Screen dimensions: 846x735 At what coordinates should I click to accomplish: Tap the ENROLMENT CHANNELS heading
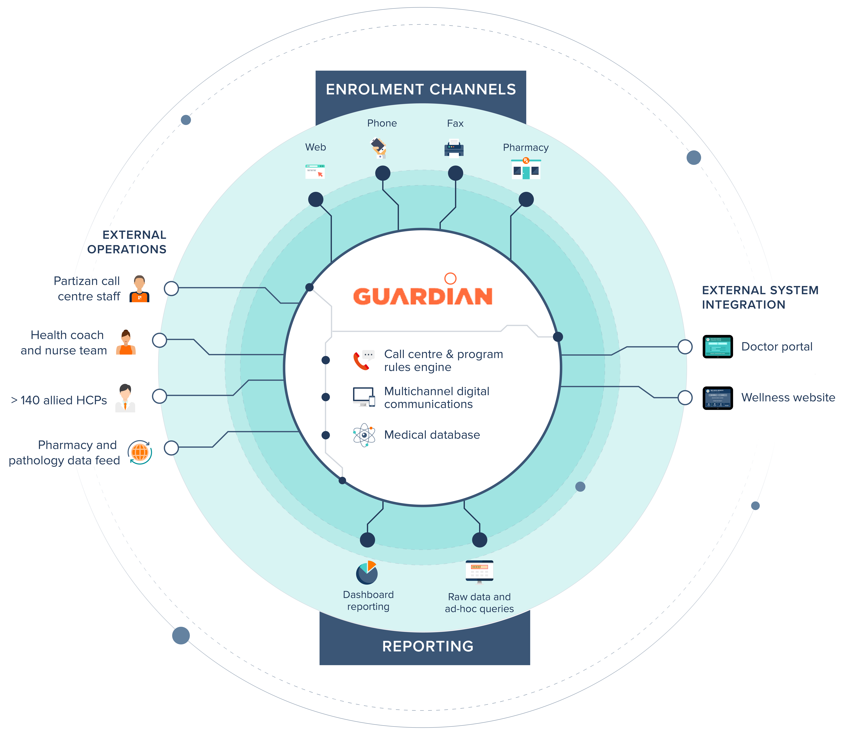click(421, 89)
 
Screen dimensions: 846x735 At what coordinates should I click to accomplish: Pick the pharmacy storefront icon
click(526, 169)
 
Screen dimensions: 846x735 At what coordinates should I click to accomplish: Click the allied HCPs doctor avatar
click(125, 398)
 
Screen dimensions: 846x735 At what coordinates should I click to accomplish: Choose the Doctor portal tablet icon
click(718, 347)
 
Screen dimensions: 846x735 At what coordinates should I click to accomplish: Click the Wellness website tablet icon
click(718, 398)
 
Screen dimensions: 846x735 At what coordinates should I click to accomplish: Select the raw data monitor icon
click(479, 571)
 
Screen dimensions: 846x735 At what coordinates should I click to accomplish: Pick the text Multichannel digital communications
click(437, 397)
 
